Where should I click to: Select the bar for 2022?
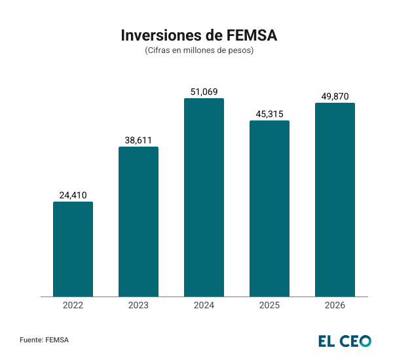coord(73,249)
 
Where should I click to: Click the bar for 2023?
coord(138,222)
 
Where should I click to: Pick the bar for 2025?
coord(269,209)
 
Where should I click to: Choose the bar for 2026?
coord(335,200)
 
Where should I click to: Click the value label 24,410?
coord(73,195)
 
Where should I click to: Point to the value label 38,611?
coord(138,140)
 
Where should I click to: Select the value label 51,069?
coord(204,92)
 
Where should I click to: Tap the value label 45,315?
coord(269,114)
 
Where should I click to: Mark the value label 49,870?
coord(335,96)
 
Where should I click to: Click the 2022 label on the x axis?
coord(73,306)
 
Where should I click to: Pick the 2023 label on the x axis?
coord(138,306)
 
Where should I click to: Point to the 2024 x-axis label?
coord(204,306)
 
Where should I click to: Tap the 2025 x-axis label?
coord(269,306)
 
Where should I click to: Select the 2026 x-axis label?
coord(335,306)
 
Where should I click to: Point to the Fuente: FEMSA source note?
coord(44,340)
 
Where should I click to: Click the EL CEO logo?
coord(345,340)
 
